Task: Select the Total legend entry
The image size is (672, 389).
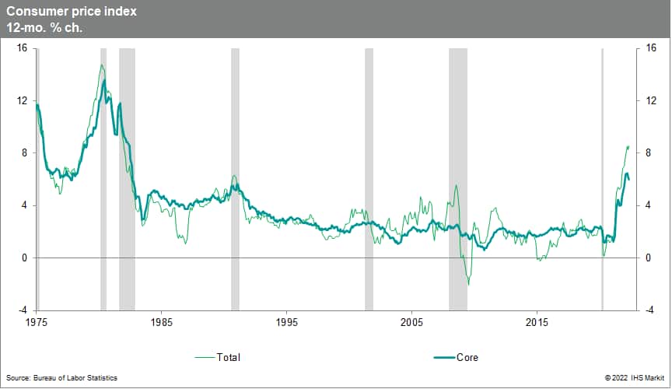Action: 229,358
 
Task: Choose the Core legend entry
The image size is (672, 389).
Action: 467,358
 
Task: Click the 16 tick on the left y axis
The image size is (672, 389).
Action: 22,48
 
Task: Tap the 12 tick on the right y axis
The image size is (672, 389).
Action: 650,101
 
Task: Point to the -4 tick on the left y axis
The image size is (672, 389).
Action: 23,310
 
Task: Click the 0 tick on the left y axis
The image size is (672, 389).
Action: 25,258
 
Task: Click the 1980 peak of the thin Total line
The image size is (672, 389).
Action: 102,65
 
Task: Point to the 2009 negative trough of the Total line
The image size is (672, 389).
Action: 468,285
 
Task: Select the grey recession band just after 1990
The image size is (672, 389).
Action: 235,179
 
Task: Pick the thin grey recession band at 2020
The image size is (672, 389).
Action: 602,179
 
